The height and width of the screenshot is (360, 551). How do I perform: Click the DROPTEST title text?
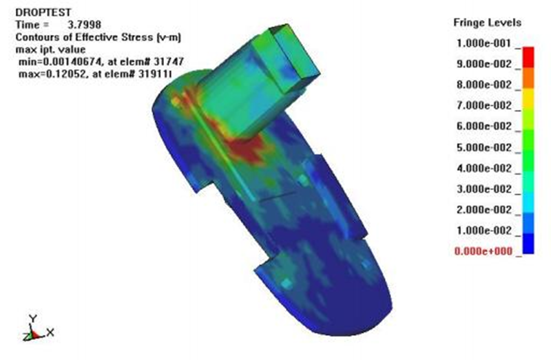click(43, 12)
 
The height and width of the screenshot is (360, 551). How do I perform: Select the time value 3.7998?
click(84, 25)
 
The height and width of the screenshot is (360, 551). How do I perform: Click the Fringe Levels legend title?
click(487, 23)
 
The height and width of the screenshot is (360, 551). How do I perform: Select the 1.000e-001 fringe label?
click(484, 43)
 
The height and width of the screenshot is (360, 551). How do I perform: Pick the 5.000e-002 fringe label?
click(484, 147)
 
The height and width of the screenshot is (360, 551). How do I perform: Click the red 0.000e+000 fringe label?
click(484, 251)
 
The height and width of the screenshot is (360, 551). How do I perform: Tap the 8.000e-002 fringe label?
click(484, 85)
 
